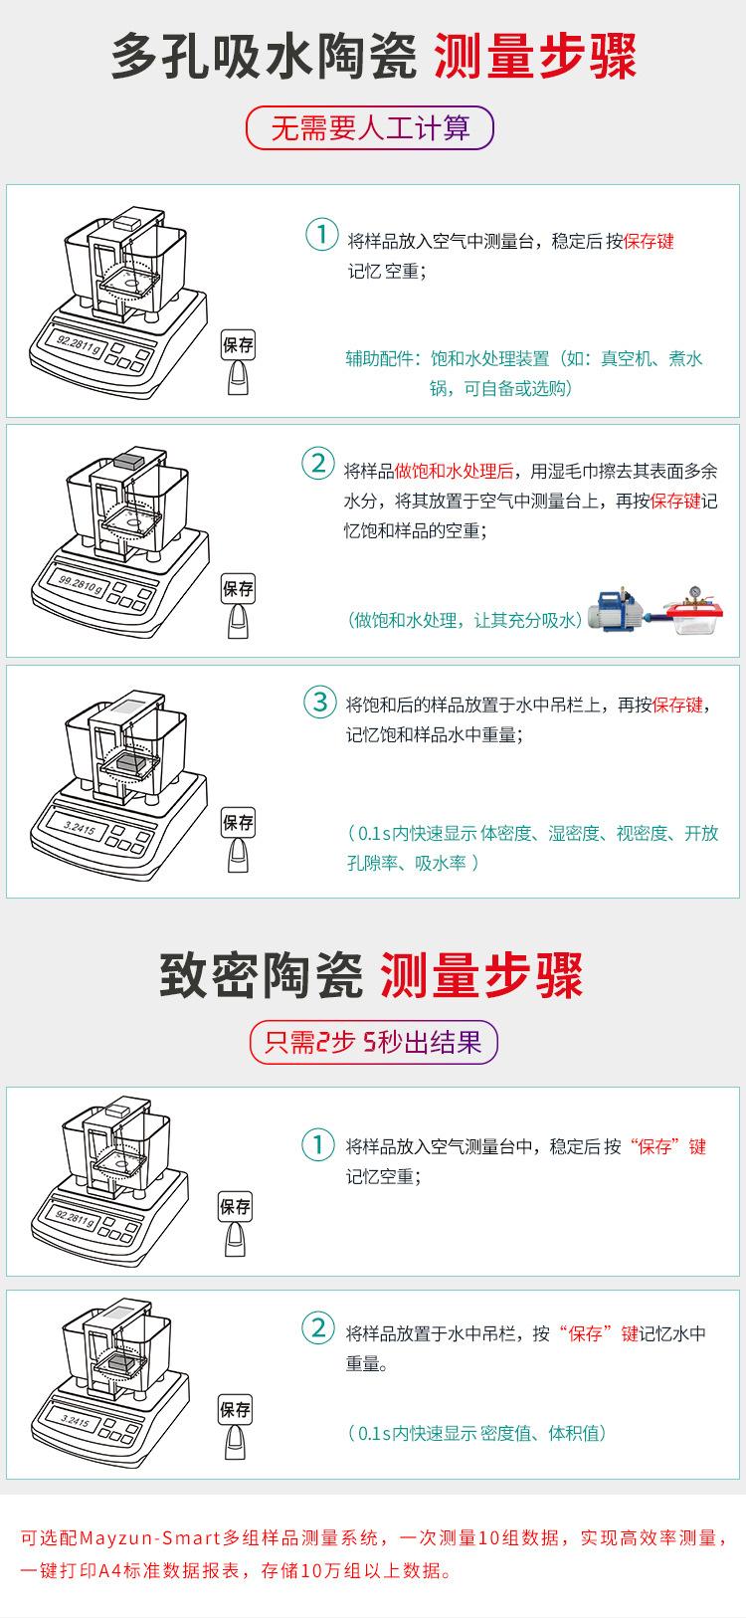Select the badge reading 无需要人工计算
pos(370,128)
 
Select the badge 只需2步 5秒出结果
pos(372,1042)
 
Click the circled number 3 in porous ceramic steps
pos(319,702)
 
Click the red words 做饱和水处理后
pos(454,471)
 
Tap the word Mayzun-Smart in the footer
pos(149,1537)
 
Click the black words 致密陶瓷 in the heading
pos(261,975)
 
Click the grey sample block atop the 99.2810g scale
pos(129,461)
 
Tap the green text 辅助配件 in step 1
pos(379,358)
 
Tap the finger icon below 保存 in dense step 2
pos(236,1440)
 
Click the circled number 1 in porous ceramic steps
pos(320,236)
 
